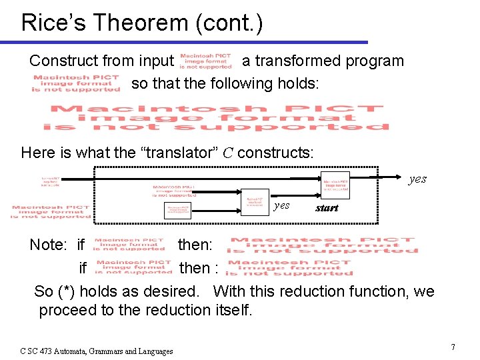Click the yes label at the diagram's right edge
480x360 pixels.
(x=417, y=179)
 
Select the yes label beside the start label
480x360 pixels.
(x=281, y=205)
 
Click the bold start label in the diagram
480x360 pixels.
(x=327, y=208)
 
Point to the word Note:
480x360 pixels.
(x=48, y=245)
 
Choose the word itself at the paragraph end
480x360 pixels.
(x=235, y=310)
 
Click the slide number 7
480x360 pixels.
(x=453, y=347)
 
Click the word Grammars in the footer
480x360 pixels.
(x=113, y=351)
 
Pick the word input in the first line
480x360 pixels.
(x=156, y=61)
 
